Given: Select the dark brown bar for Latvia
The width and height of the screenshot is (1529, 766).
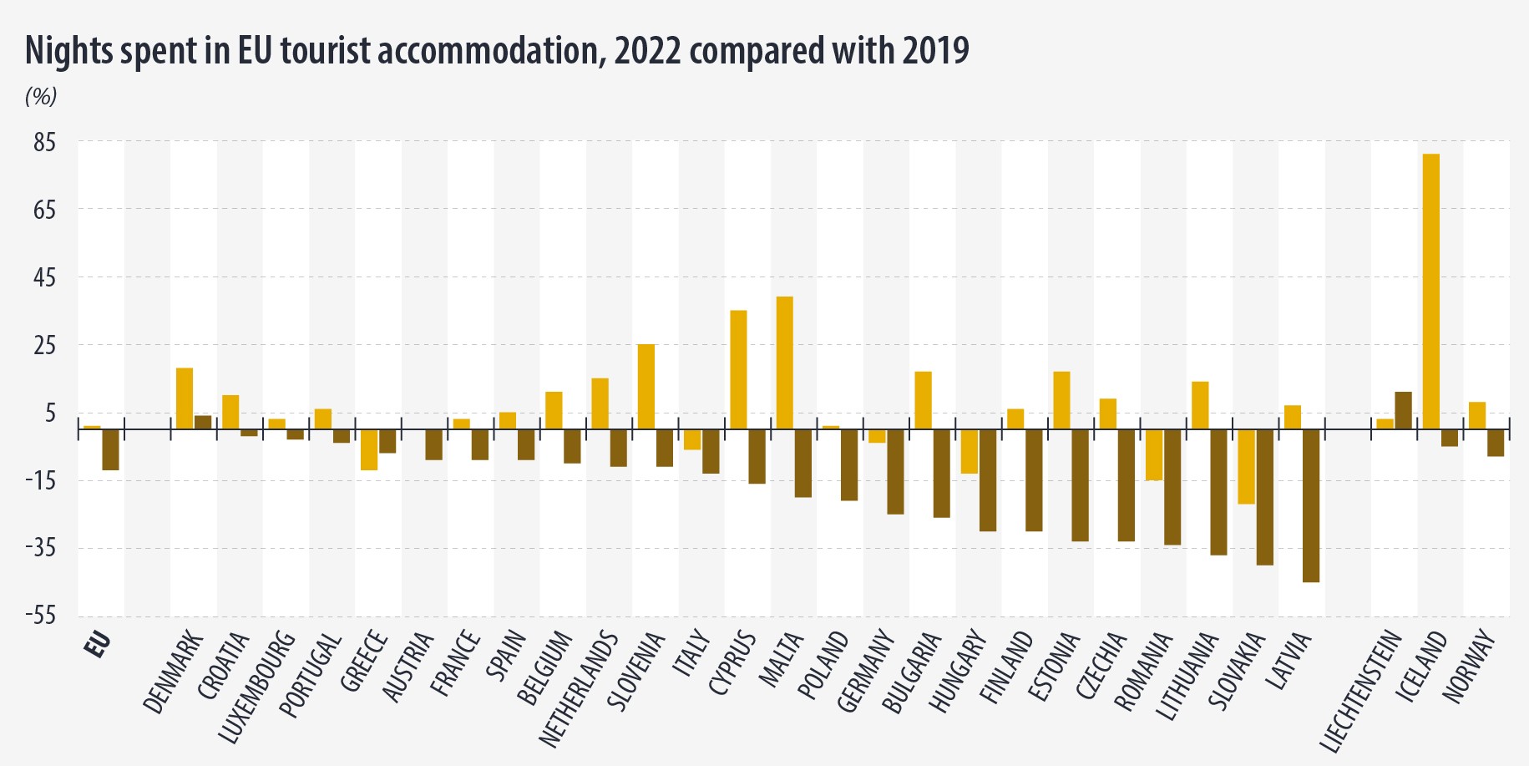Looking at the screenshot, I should pos(1310,505).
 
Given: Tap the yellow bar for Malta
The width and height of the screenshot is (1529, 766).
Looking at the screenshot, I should pos(784,363).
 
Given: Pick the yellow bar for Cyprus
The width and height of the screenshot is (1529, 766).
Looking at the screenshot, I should pos(738,369).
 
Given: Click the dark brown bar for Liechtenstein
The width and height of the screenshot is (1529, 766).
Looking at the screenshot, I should pos(1403,410).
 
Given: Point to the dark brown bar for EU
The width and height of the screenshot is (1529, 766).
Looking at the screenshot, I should pos(110,449).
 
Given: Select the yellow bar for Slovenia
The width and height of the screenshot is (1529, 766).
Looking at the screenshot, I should pos(646,386).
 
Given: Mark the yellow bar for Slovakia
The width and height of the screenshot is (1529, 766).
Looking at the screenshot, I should pos(1246,466).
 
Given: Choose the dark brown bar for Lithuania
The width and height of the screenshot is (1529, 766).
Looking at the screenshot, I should pos(1218,491).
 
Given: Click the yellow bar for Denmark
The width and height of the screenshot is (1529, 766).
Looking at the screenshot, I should pos(185,398).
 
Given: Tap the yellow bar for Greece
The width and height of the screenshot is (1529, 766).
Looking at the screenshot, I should pos(368,449).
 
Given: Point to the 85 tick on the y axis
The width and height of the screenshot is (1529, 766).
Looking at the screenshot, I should pos(44,143).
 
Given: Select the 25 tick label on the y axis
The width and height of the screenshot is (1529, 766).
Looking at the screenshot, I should pos(44,345).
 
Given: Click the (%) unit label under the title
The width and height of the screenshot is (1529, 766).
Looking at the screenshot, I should pos(41,97).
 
